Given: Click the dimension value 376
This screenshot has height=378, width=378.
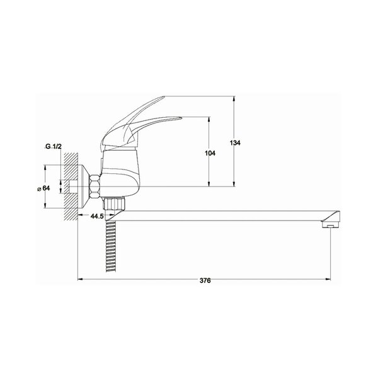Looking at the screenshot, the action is click(x=205, y=280).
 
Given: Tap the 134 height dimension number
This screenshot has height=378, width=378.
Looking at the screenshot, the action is click(x=235, y=143).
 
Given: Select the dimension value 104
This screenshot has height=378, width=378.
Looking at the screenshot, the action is click(x=210, y=153).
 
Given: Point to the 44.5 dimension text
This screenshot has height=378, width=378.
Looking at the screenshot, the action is click(x=97, y=216).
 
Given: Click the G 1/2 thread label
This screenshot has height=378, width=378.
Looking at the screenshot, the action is click(x=54, y=146).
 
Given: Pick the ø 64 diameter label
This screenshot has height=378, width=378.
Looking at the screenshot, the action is click(x=43, y=188).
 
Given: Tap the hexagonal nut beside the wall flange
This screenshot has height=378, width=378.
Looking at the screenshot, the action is click(x=94, y=186).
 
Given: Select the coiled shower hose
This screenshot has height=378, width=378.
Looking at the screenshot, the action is click(x=111, y=246).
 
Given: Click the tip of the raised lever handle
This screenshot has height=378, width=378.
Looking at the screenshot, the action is click(x=164, y=97).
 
